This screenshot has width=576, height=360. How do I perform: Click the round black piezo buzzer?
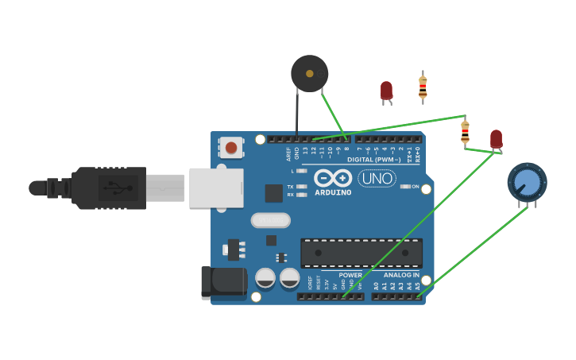click(309, 73)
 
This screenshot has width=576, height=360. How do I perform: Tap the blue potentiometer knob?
click(527, 182)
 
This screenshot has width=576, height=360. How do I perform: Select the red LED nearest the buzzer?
click(386, 91)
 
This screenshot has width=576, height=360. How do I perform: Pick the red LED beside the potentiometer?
click(496, 139)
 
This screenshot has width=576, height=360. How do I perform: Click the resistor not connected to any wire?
click(423, 86)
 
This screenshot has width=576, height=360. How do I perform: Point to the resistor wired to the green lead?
click(465, 131)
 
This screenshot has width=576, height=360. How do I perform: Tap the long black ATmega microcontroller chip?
click(361, 253)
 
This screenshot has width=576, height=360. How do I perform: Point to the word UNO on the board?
click(377, 179)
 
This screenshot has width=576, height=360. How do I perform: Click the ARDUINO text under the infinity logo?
click(333, 192)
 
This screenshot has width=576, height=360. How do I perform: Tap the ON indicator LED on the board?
click(405, 187)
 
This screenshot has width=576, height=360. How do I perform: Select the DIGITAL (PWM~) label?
click(373, 160)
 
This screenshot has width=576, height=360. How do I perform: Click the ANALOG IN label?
click(400, 275)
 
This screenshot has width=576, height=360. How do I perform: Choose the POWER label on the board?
click(350, 275)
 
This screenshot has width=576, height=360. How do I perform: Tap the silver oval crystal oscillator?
click(270, 219)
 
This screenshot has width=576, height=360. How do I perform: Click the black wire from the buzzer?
click(297, 115)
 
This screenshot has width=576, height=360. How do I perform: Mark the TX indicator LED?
click(301, 186)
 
